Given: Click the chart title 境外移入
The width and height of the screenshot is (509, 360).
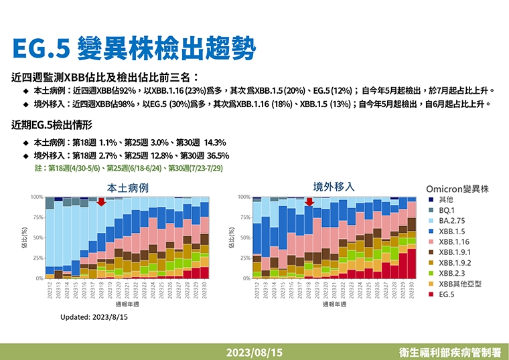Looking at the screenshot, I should tap(334, 186).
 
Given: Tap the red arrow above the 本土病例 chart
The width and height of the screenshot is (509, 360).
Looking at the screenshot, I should tap(100, 201).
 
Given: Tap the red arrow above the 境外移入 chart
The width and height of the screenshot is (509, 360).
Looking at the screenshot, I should tap(309, 201).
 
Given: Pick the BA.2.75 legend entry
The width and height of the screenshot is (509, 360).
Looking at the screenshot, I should tap(452, 220).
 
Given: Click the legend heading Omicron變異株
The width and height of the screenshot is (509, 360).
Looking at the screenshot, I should tap(457, 189).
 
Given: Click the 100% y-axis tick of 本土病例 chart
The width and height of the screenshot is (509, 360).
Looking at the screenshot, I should tap(37, 197).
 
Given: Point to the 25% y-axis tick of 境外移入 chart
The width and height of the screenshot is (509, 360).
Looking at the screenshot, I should tap(245, 258).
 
